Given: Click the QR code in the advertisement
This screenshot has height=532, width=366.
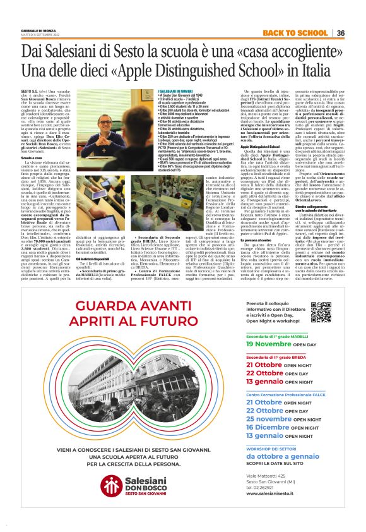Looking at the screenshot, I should [x=321, y=311].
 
